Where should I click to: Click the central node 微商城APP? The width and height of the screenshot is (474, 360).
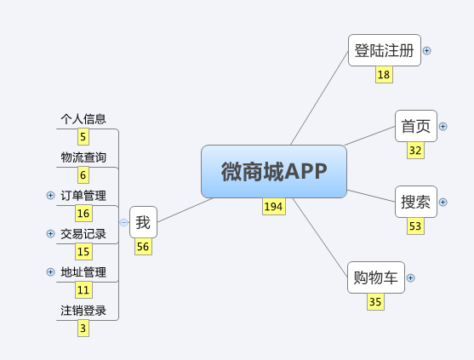[x=274, y=171]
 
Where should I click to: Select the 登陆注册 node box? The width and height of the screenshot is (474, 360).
[x=385, y=50]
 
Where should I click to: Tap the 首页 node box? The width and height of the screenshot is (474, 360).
[x=416, y=126]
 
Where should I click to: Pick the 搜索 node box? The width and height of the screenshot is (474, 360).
[x=416, y=202]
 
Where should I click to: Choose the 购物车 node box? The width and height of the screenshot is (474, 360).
[x=376, y=277]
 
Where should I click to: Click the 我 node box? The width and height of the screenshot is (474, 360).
[x=143, y=222]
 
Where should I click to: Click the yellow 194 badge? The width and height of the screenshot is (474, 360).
[x=274, y=207]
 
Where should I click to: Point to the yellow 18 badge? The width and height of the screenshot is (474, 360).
[x=384, y=74]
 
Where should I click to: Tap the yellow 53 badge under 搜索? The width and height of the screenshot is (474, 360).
[x=415, y=226]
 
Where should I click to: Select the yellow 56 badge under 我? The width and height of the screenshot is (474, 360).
[x=143, y=247]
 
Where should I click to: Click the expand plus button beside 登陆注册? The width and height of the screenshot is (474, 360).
[x=427, y=50]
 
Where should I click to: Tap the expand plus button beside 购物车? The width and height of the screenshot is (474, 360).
[x=410, y=277]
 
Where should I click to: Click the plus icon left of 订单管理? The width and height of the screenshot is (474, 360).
[x=50, y=195]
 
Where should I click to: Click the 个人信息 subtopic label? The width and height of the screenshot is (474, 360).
[x=83, y=119]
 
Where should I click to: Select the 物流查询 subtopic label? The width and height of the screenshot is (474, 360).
[x=83, y=157]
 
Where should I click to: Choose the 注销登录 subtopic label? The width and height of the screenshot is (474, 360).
[x=83, y=311]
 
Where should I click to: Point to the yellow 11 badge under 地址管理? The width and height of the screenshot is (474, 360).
[x=83, y=290]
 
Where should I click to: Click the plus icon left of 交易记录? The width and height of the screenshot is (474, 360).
[x=50, y=234]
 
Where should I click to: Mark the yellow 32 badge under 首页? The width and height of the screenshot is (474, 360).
[x=415, y=151]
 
